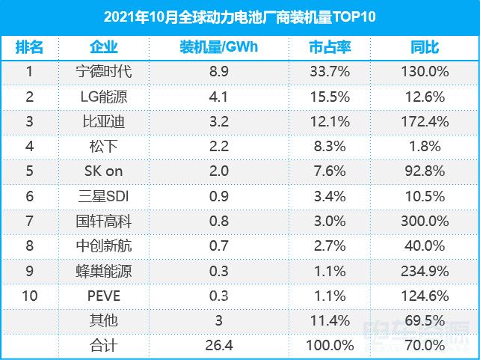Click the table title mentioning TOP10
(239, 16)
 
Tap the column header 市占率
(329, 47)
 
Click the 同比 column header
(425, 47)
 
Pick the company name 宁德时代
(104, 72)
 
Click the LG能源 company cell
(104, 97)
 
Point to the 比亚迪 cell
(104, 121)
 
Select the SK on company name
(104, 171)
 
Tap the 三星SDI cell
(104, 195)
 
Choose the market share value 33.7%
(329, 72)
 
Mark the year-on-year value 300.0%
(425, 221)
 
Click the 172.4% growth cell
(425, 121)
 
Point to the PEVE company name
(104, 295)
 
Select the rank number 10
(29, 295)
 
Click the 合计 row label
(104, 344)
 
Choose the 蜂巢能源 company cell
(104, 270)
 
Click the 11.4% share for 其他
(329, 320)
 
